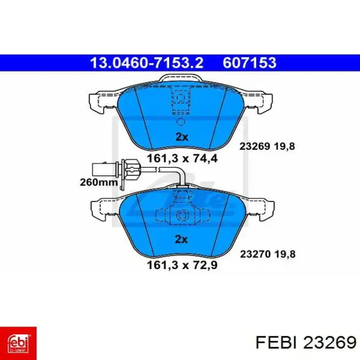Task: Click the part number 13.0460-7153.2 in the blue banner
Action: point(147,63)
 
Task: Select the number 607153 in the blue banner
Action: point(249,63)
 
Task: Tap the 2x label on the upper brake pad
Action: point(182,137)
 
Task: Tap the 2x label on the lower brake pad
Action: point(181,239)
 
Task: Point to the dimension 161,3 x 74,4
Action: point(182,158)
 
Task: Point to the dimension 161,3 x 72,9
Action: point(182,265)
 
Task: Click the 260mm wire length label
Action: point(99,182)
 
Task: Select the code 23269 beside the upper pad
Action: point(255,146)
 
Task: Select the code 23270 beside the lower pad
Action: point(255,254)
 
